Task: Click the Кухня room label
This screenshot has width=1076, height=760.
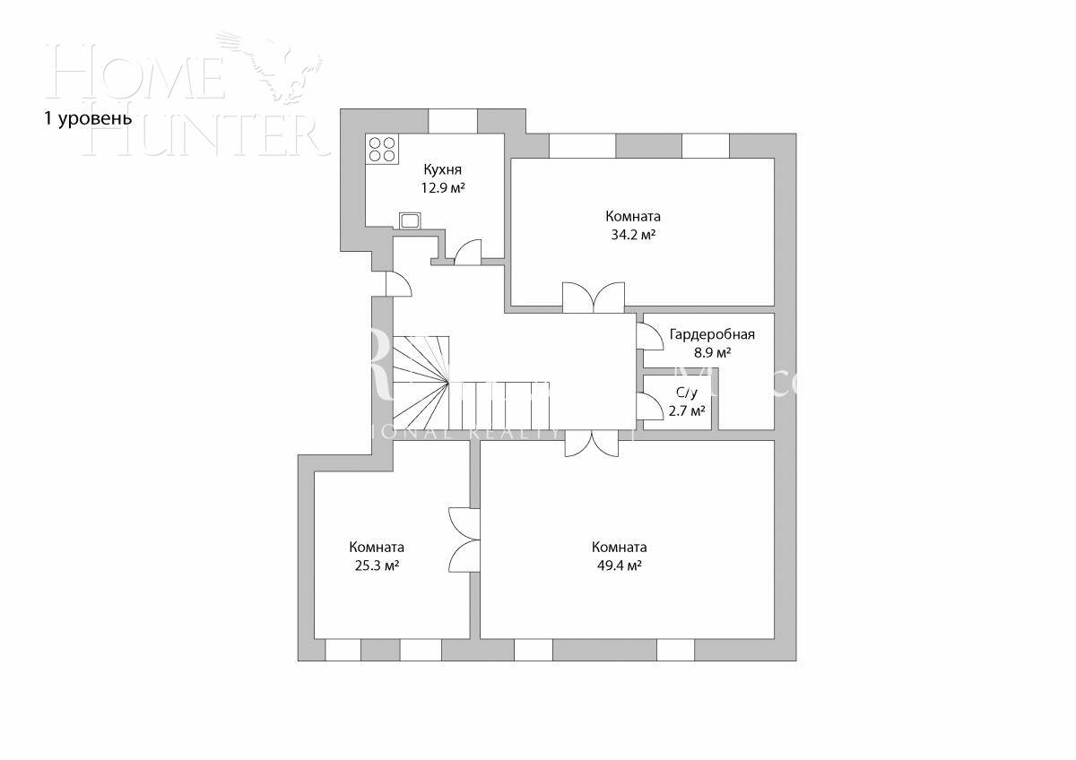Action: point(443,169)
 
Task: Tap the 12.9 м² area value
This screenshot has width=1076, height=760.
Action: point(443,188)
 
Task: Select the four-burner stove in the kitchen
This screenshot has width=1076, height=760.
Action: point(383,149)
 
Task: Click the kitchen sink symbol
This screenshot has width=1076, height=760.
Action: point(411,220)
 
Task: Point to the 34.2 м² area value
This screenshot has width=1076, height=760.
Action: point(632,235)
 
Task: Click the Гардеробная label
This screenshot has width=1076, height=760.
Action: point(712,335)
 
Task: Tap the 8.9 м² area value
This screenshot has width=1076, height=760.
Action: point(712,353)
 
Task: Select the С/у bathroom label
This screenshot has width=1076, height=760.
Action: point(687,393)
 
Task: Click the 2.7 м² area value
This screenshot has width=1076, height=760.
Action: point(687,411)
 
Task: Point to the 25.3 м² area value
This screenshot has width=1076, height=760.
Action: point(377,566)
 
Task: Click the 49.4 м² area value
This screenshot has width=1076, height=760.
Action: point(619,566)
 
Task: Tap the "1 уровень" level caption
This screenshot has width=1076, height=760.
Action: point(88,118)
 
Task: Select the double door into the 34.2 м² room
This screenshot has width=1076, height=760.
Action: point(593,298)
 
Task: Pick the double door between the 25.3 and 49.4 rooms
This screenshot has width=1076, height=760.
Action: point(464,540)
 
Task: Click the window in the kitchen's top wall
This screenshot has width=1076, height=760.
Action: point(453,120)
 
